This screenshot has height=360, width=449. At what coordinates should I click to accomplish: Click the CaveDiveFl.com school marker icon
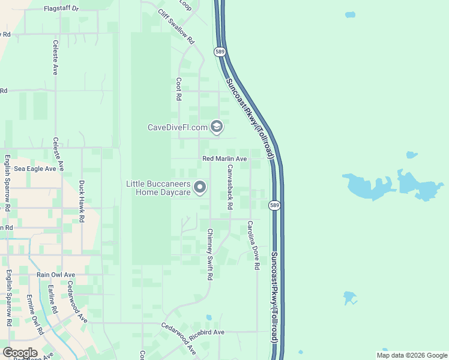217,127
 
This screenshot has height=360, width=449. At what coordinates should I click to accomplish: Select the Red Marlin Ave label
224,158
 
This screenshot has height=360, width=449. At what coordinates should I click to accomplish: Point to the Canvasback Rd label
229,188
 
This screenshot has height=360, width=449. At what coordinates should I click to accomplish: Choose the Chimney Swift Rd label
209,254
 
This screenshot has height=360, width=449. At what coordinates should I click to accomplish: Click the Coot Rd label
179,88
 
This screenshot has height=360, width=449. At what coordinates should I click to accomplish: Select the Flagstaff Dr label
61,9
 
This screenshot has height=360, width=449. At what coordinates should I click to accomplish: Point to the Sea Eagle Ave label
35,169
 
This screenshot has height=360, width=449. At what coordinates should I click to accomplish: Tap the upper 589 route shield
221,52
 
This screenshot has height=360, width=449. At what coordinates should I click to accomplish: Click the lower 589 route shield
274,205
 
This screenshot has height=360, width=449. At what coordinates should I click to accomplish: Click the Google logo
19,352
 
